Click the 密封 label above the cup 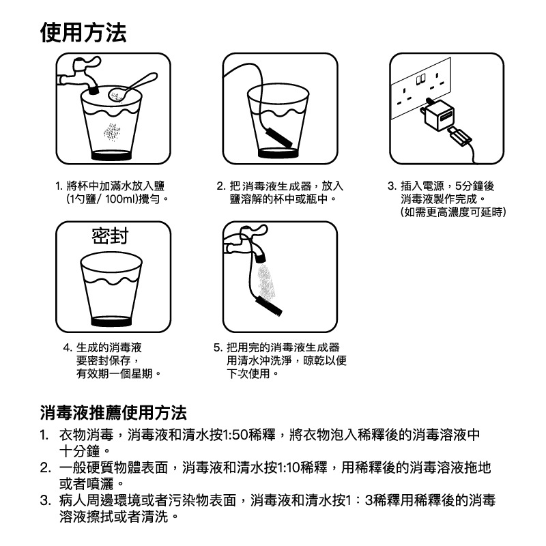(109, 236)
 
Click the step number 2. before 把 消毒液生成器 (221, 186)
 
